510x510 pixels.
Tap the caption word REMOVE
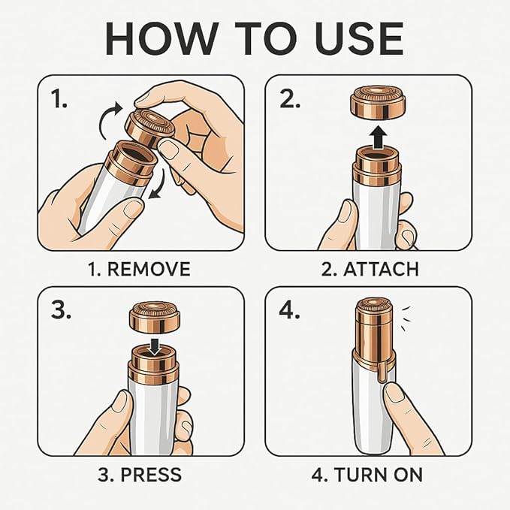[x=149, y=270]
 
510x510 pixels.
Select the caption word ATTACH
[x=381, y=270]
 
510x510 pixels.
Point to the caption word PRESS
[x=151, y=475]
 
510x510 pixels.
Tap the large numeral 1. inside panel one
[x=59, y=99]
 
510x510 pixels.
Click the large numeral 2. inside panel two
[x=290, y=99]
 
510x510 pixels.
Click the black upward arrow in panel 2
[x=378, y=137]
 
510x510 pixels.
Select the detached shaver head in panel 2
[x=378, y=103]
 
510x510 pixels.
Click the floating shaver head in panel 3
[x=155, y=318]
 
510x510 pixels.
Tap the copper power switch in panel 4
[x=382, y=372]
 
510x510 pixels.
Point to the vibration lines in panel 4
[x=406, y=319]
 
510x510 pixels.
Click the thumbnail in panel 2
[x=344, y=211]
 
